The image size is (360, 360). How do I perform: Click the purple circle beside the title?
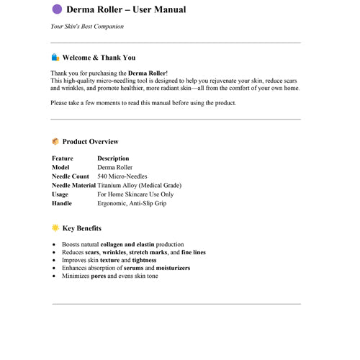tap(57, 9)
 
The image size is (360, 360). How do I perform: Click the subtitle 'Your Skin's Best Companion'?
tap(86, 27)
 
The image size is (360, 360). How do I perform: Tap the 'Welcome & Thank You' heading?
tap(99, 58)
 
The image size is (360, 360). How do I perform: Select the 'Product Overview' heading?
tap(90, 142)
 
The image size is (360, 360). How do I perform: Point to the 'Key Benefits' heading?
tap(81, 228)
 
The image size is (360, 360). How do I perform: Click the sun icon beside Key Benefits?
tap(55, 228)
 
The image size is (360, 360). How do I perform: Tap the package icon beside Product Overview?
tap(55, 142)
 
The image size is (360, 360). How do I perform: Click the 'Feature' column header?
tap(63, 158)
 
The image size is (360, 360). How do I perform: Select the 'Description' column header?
tap(113, 158)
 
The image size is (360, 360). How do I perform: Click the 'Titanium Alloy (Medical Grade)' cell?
tap(139, 185)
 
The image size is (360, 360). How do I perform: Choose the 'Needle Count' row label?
tap(71, 176)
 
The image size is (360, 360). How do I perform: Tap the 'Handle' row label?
tap(62, 203)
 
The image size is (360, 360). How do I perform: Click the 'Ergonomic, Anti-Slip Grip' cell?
tap(132, 203)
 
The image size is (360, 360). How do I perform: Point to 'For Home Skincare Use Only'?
tap(135, 194)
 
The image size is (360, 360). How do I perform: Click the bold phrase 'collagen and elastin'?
tap(128, 245)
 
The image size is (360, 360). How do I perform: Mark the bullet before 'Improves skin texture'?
tap(55, 261)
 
